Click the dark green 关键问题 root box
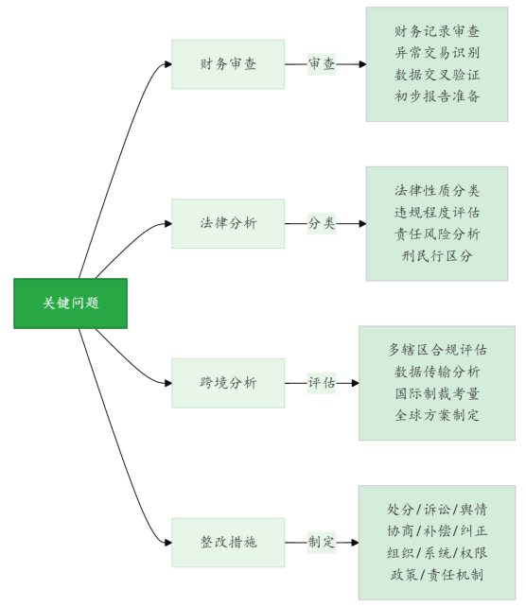71,303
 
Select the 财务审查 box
228,64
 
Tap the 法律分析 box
228,223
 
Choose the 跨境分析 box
228,383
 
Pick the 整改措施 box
228,543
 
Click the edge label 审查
322,64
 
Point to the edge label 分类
322,223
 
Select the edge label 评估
322,383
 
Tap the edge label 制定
322,542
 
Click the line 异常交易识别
437,53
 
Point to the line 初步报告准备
437,96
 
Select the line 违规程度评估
437,213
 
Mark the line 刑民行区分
437,256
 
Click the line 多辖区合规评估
437,350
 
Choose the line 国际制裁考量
437,393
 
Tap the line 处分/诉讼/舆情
437,510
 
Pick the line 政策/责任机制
437,575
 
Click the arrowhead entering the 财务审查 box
168,64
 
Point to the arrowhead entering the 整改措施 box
168,543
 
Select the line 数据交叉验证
437,75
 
